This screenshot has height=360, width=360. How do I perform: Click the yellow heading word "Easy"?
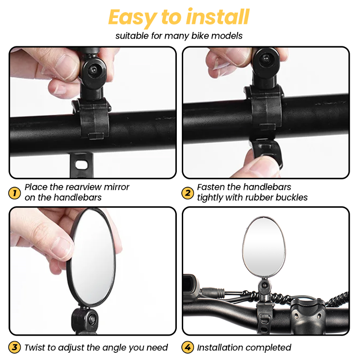[x=132, y=18]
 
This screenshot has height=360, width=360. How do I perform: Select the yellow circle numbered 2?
[x=188, y=193]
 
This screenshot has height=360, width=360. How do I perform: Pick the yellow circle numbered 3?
[x=14, y=347]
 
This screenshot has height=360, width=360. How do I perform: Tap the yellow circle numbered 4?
[x=188, y=347]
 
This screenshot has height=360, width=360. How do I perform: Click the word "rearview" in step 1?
[x=83, y=187]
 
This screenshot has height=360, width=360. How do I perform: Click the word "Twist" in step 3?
[x=35, y=347]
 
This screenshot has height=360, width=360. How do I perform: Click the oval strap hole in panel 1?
[x=81, y=164]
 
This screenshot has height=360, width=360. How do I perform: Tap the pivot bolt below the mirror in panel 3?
[x=92, y=319]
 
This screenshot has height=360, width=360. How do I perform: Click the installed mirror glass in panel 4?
[x=264, y=247]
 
